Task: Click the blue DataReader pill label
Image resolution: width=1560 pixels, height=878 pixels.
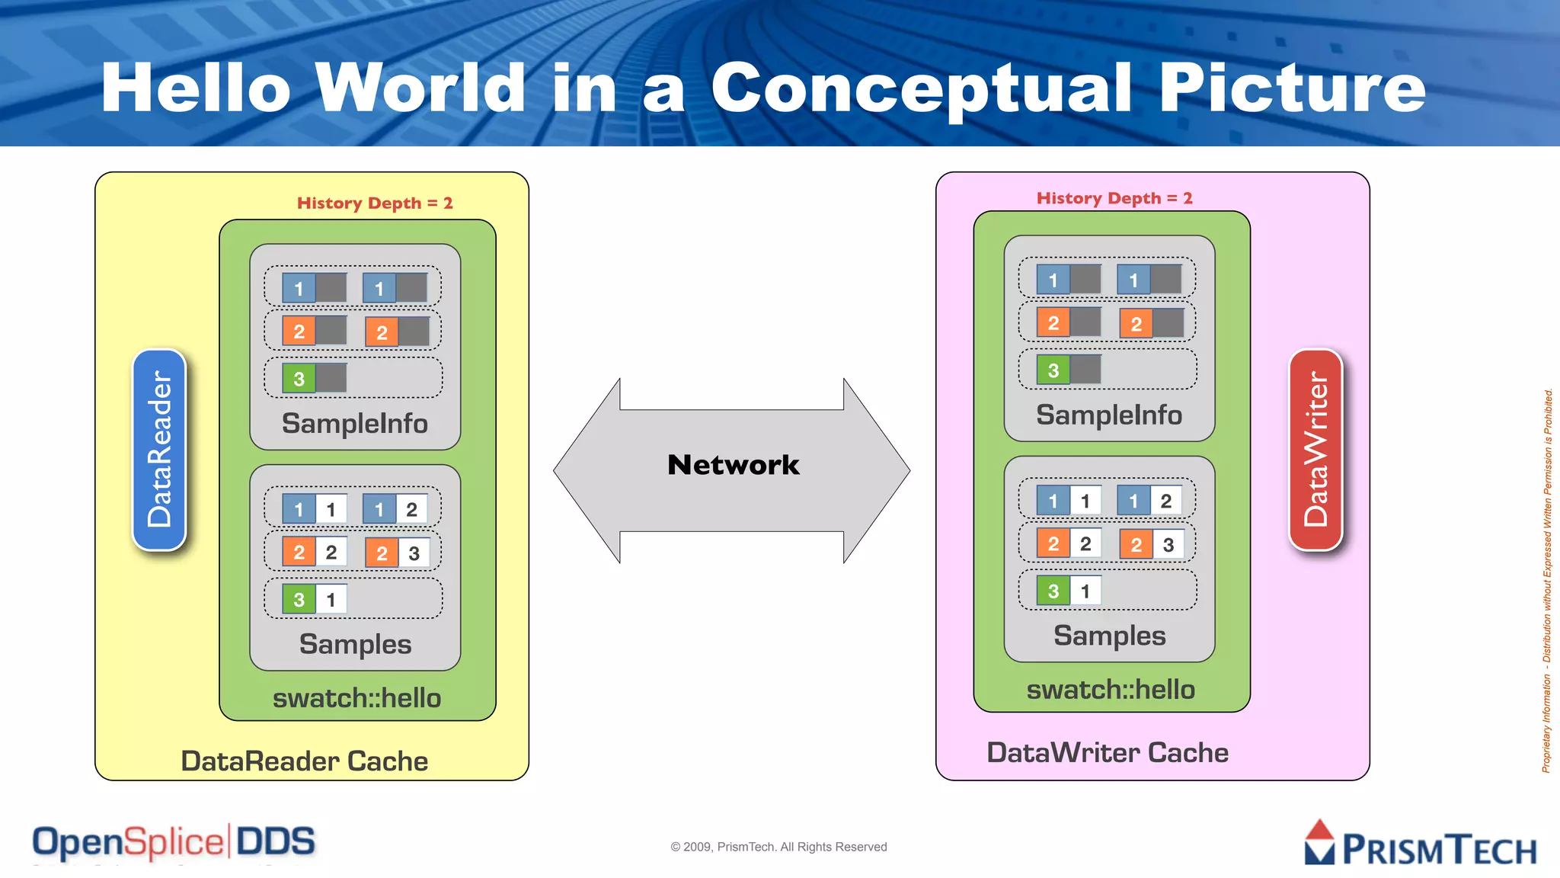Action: tap(159, 450)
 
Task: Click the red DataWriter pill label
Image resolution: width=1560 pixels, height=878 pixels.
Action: tap(1315, 450)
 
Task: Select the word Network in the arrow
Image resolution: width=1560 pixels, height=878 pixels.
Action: tap(733, 465)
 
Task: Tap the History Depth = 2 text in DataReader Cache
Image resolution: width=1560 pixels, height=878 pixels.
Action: tap(375, 203)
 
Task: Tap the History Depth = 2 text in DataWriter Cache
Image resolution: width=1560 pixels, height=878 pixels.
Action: tap(1114, 198)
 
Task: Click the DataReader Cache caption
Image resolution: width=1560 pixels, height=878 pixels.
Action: tap(304, 761)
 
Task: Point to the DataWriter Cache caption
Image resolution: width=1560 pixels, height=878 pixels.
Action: tap(1108, 753)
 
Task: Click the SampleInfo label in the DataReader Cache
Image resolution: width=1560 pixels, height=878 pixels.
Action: tap(355, 424)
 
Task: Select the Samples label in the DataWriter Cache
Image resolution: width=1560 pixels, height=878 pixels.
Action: tap(1109, 636)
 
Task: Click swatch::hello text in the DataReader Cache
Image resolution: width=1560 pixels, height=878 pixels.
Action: tap(356, 698)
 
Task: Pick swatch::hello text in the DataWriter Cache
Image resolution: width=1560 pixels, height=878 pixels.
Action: tap(1111, 690)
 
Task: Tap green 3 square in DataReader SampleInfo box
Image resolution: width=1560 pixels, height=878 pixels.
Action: tap(299, 379)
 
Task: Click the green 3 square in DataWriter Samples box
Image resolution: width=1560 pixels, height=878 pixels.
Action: tap(1053, 591)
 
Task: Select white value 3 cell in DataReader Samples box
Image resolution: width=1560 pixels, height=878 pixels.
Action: tap(414, 553)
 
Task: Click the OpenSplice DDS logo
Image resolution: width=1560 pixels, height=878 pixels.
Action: tap(174, 843)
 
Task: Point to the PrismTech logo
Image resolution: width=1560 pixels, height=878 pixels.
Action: tap(1421, 844)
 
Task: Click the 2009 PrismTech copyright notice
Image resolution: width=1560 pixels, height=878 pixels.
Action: tap(778, 847)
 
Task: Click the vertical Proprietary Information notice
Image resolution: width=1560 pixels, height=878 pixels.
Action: tap(1547, 579)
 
